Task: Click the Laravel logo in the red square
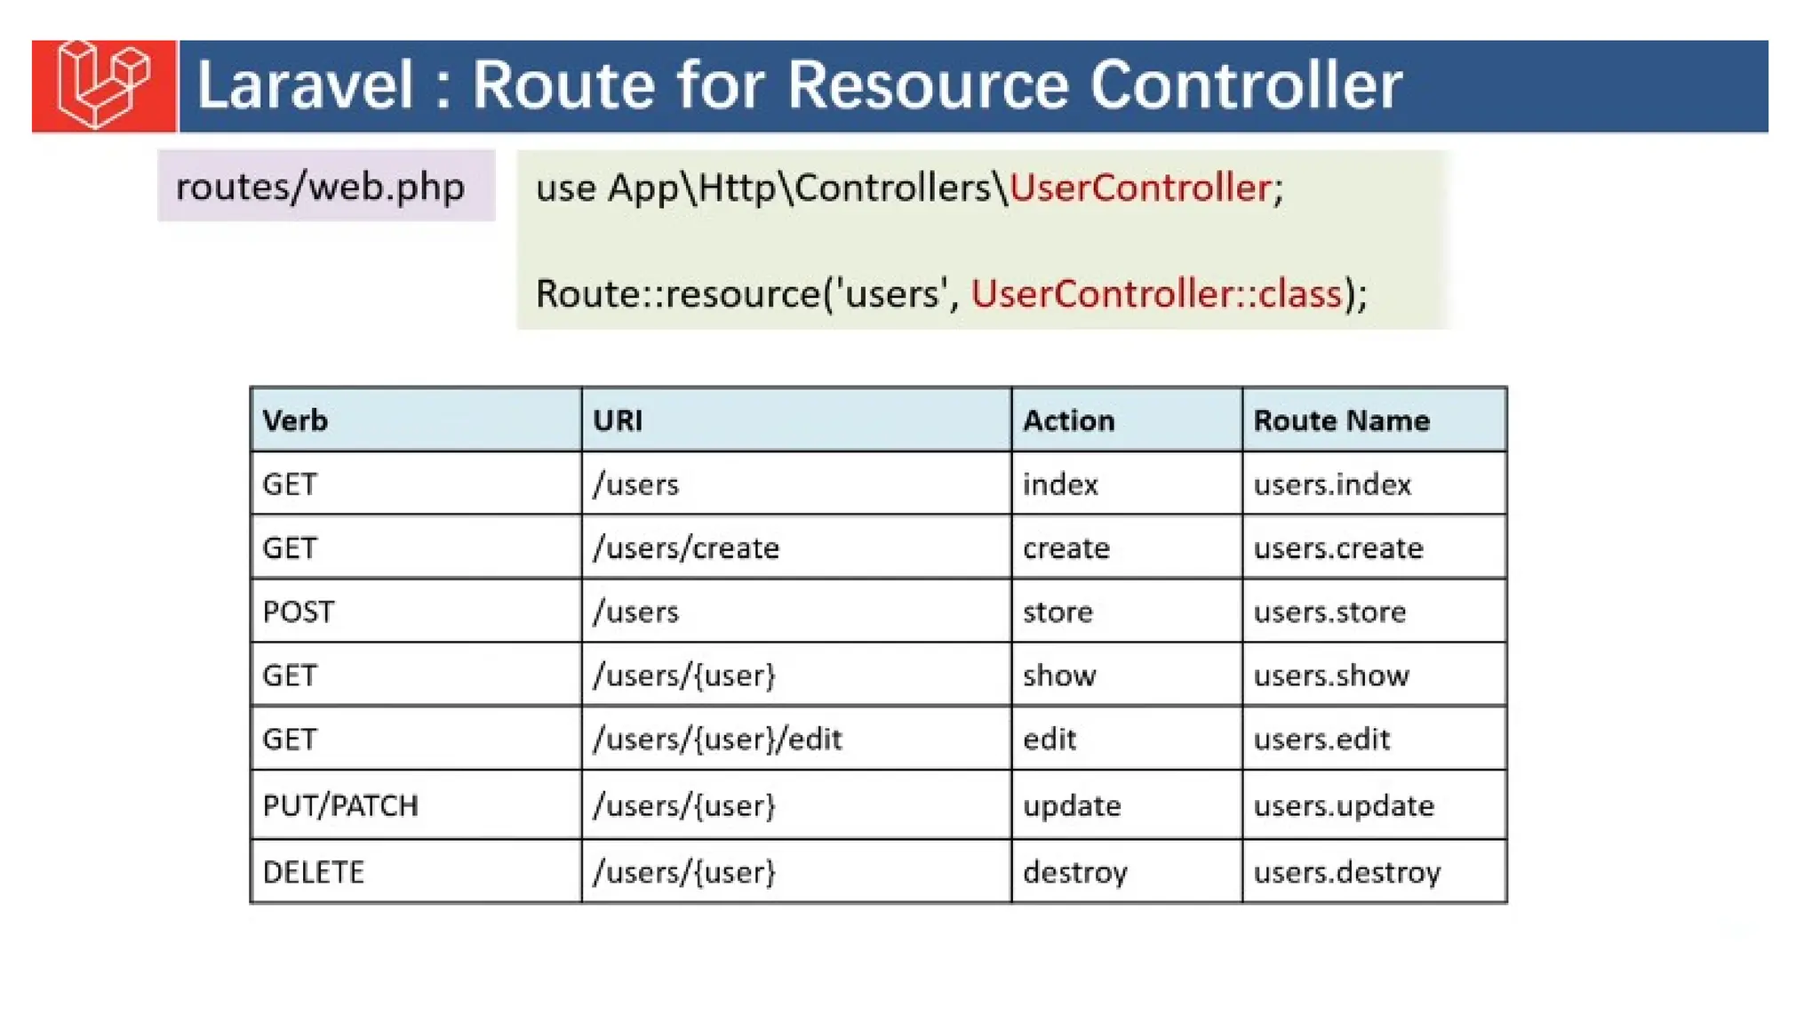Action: [x=103, y=85]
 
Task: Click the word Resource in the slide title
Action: [x=928, y=85]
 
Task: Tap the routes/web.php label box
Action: [x=325, y=186]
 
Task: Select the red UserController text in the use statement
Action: [x=1140, y=188]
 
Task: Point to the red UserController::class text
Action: [x=1155, y=293]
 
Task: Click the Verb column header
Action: [x=295, y=420]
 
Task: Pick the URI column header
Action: [x=618, y=420]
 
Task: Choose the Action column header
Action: [x=1068, y=420]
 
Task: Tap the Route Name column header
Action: [x=1341, y=420]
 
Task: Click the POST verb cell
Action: [x=299, y=612]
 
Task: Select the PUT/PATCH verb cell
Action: [x=340, y=805]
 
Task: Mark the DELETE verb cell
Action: [x=314, y=872]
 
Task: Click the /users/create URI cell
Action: [x=686, y=548]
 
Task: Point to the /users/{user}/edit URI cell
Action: [x=717, y=739]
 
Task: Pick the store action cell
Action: [x=1058, y=612]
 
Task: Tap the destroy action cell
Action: [x=1075, y=872]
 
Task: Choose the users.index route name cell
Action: [x=1332, y=484]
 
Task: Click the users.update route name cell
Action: [x=1344, y=805]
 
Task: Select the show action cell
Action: [x=1059, y=676]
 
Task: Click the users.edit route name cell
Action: [x=1321, y=739]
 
